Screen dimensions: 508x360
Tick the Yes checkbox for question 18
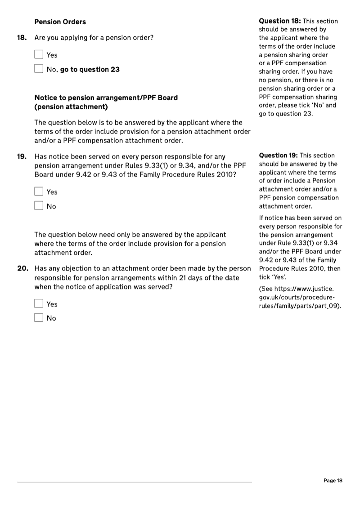click(x=39, y=55)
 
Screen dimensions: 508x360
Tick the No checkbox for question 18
click(x=39, y=69)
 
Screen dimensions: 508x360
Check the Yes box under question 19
click(x=39, y=192)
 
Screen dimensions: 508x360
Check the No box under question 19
click(x=39, y=206)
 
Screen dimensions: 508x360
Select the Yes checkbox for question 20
click(x=39, y=304)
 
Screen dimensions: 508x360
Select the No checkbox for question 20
click(x=39, y=318)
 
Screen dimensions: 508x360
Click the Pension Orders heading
click(x=60, y=22)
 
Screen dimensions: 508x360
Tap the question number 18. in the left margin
click(x=22, y=38)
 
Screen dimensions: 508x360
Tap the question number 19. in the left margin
click(x=22, y=157)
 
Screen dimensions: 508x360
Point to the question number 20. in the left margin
click(x=22, y=269)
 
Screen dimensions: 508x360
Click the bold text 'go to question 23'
click(x=90, y=70)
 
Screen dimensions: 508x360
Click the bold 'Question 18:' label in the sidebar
click(x=279, y=21)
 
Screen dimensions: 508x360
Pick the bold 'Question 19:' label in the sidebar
click(x=279, y=156)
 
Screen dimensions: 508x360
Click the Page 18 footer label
click(x=333, y=481)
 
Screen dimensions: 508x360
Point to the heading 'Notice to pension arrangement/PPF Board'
click(x=106, y=98)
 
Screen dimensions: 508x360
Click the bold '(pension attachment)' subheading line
click(x=71, y=107)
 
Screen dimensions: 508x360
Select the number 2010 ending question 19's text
click(x=223, y=174)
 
